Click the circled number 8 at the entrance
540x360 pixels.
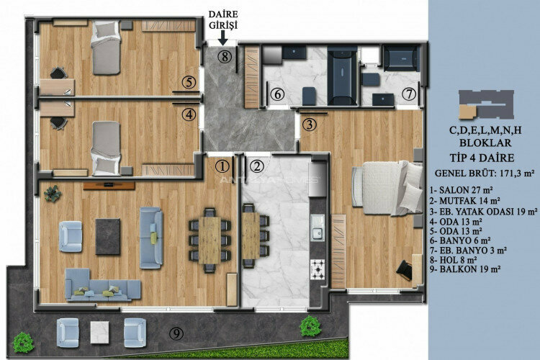point(225,57)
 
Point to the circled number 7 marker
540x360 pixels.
point(408,94)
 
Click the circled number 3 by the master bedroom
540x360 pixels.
point(309,124)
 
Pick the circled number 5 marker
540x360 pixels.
point(188,82)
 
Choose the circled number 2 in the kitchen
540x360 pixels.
point(257,166)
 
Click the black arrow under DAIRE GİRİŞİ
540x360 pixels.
point(225,42)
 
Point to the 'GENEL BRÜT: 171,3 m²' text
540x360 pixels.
point(485,173)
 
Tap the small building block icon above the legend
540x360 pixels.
point(486,104)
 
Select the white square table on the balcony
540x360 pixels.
point(99,331)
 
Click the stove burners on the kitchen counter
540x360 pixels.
point(317,269)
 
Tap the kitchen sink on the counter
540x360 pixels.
point(317,230)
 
